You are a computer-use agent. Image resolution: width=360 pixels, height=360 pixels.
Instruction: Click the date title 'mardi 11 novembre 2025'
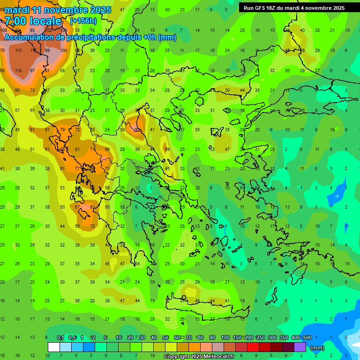click(x=58, y=10)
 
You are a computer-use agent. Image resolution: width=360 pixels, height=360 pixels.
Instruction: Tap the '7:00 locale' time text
click(x=33, y=21)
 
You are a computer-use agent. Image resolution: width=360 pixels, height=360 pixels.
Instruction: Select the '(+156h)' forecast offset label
click(x=83, y=21)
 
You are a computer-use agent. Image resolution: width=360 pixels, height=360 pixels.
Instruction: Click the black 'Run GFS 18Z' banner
click(x=294, y=7)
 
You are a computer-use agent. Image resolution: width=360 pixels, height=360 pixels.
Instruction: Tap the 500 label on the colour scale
click(x=307, y=337)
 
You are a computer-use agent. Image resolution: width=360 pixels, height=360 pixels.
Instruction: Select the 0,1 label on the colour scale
click(x=60, y=337)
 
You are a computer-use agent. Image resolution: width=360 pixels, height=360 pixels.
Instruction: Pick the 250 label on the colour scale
click(x=260, y=337)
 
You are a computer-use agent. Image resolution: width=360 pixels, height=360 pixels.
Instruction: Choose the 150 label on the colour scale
click(x=237, y=337)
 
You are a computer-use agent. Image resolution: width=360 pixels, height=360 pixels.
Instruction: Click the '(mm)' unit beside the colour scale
click(x=317, y=348)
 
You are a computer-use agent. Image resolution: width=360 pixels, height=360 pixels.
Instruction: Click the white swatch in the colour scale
click(x=53, y=347)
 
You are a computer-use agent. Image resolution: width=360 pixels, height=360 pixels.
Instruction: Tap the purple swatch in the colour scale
click(x=300, y=347)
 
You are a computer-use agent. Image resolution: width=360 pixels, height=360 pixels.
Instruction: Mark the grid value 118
click(x=18, y=71)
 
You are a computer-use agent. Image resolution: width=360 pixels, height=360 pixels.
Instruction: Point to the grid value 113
click(x=18, y=51)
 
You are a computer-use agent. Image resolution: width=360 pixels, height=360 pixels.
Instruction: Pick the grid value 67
click(x=77, y=207)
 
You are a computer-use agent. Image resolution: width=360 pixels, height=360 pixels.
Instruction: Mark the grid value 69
click(x=167, y=149)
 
